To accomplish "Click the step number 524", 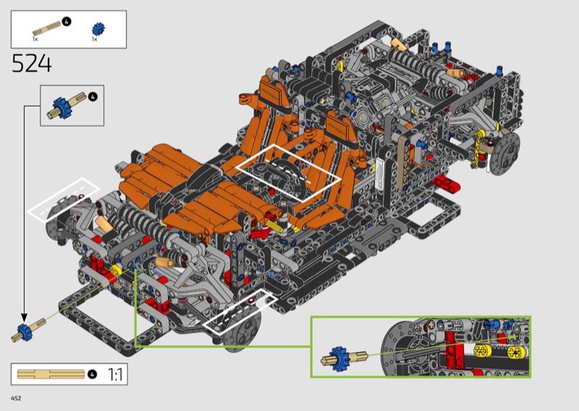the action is pyautogui.click(x=31, y=63).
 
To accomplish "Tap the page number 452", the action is pyautogui.click(x=16, y=398).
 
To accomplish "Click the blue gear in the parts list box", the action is pyautogui.click(x=98, y=28).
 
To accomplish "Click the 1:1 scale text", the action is pyautogui.click(x=116, y=374).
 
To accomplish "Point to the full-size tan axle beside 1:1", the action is pyautogui.click(x=51, y=374).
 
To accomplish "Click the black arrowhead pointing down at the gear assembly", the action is pyautogui.click(x=24, y=317).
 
